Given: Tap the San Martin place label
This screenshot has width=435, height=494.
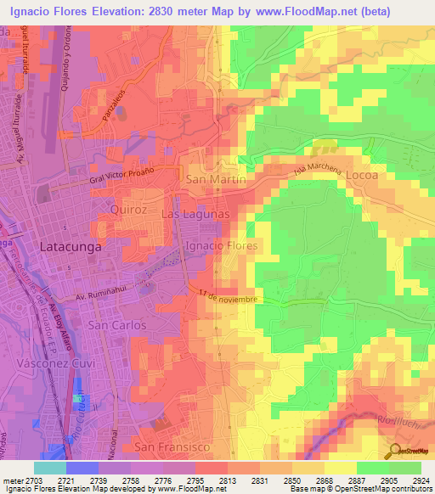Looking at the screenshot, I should [216, 180].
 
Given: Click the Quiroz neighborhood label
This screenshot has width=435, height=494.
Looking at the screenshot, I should [130, 208].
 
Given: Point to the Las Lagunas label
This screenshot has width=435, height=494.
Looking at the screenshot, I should [195, 216].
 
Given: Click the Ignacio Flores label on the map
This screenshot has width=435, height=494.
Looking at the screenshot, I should [222, 245].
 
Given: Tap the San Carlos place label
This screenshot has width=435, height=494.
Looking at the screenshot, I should [118, 325].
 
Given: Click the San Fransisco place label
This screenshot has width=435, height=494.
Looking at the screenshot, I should [170, 446].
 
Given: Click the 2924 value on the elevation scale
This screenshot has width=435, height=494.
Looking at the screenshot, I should [421, 480].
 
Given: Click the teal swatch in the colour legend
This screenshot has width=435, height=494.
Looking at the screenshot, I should [50, 468].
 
